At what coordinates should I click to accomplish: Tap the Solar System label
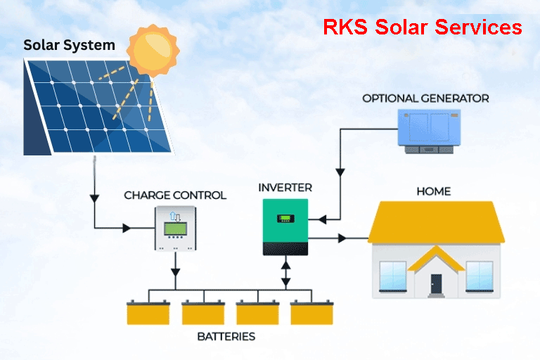(69, 46)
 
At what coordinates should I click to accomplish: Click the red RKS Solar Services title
(422, 27)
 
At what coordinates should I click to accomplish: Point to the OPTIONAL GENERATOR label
(425, 98)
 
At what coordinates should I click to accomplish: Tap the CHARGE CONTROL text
(175, 195)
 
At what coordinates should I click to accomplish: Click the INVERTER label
(285, 188)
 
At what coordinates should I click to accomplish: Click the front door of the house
(437, 285)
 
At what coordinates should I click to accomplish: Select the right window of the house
(480, 276)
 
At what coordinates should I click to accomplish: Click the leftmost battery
(148, 312)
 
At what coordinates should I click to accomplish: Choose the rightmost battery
(311, 312)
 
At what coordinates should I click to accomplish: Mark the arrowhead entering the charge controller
(127, 228)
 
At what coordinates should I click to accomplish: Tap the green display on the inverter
(285, 218)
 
